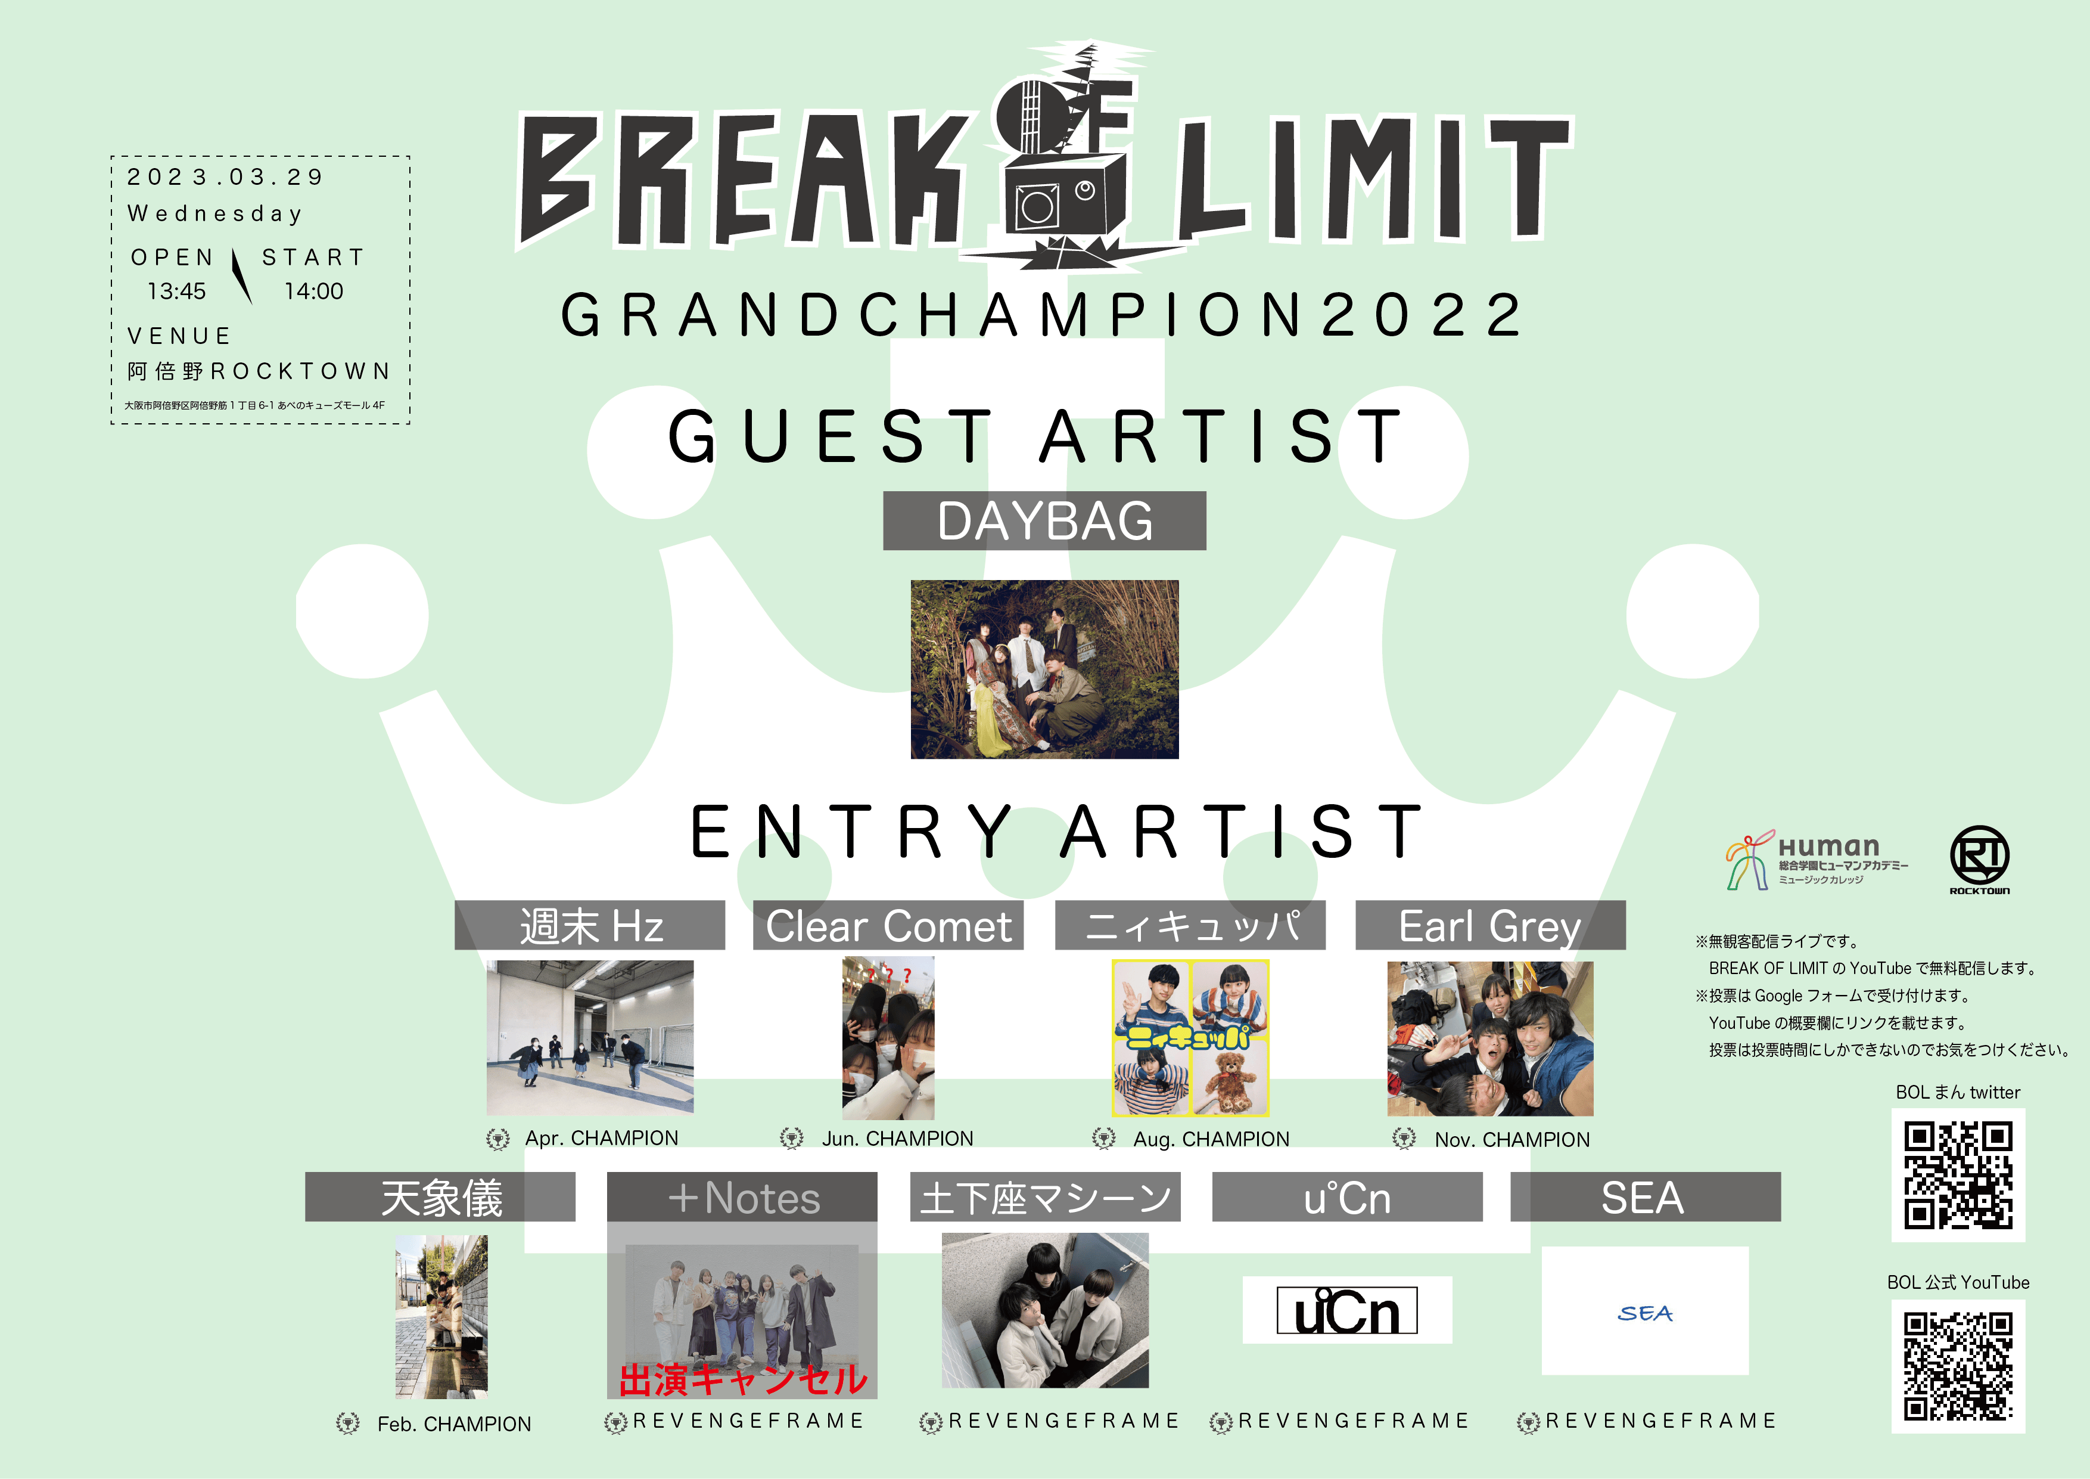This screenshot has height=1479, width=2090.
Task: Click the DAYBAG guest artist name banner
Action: [x=1044, y=521]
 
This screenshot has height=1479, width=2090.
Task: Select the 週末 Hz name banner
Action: [x=590, y=925]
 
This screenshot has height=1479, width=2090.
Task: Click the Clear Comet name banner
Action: [x=888, y=925]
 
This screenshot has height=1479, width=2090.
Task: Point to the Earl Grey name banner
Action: [x=1490, y=925]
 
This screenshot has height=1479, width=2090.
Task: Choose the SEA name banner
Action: [x=1645, y=1196]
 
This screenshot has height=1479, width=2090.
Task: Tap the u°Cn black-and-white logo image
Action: [x=1347, y=1310]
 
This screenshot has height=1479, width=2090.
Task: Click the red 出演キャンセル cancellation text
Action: [x=743, y=1379]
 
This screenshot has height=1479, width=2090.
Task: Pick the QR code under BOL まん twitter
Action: [x=1958, y=1175]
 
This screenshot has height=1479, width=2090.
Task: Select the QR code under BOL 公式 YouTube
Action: [x=1958, y=1366]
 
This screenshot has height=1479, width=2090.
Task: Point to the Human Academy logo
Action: [x=1816, y=860]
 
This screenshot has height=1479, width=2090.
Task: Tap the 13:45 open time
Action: [x=176, y=292]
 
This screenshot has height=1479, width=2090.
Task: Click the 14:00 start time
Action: [x=314, y=292]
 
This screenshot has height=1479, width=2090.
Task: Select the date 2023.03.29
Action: [x=225, y=176]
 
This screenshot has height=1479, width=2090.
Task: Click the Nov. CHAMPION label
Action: [x=1512, y=1139]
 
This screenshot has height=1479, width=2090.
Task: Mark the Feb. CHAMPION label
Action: [x=454, y=1424]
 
